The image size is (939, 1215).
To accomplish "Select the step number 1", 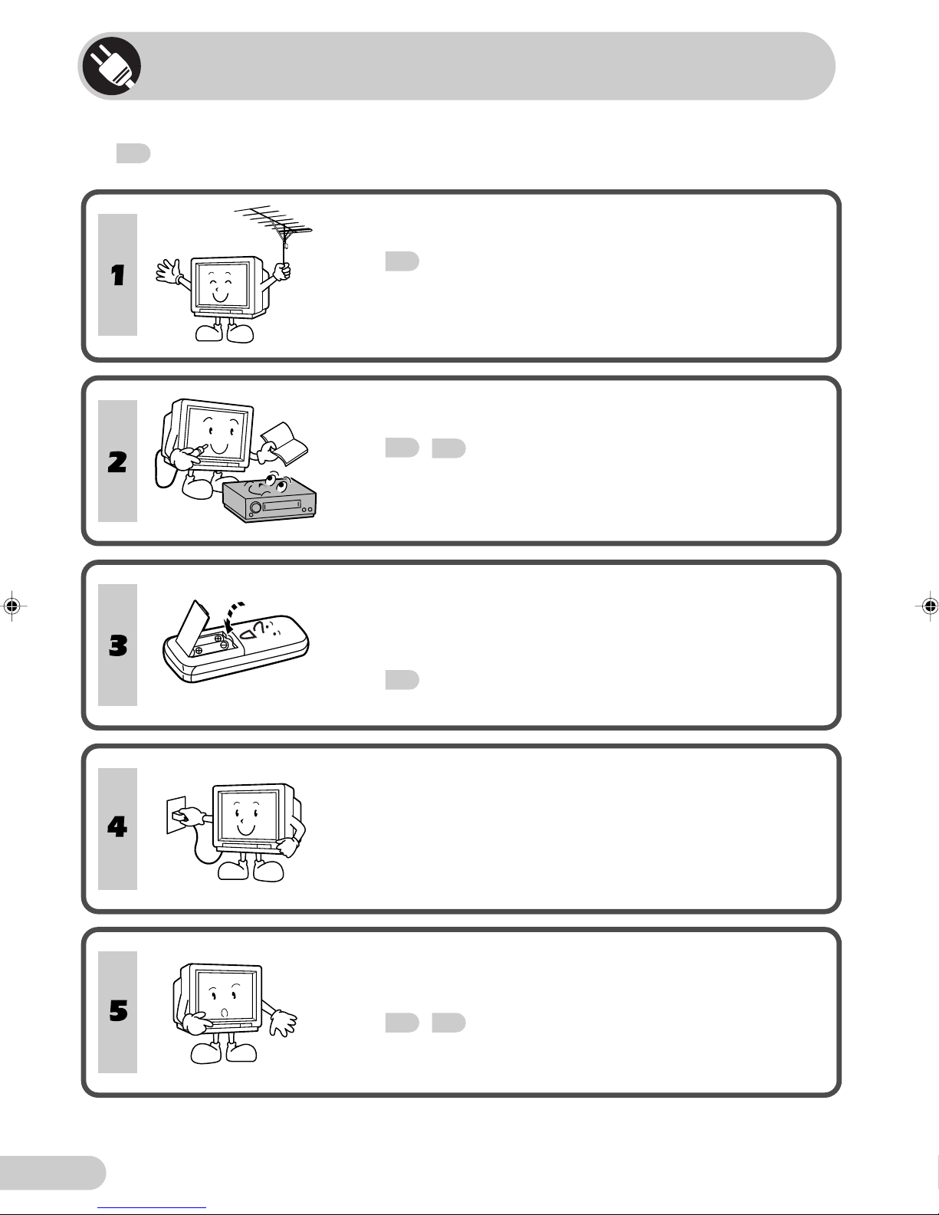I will (117, 275).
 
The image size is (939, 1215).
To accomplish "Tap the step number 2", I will (117, 462).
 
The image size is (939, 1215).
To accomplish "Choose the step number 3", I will (117, 645).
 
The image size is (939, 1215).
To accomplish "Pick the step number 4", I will (117, 827).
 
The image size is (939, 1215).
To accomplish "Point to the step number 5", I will (117, 1011).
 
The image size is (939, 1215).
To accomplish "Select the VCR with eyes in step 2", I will (268, 500).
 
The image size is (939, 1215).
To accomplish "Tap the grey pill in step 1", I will (402, 261).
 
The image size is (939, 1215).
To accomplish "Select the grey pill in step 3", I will (402, 680).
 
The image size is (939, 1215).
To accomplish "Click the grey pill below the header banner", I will (133, 153).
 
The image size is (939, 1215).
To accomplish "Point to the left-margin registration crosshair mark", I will (11, 606).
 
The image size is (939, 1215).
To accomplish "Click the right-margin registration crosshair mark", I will (928, 606).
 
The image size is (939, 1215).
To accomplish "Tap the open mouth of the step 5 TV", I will (225, 1013).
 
